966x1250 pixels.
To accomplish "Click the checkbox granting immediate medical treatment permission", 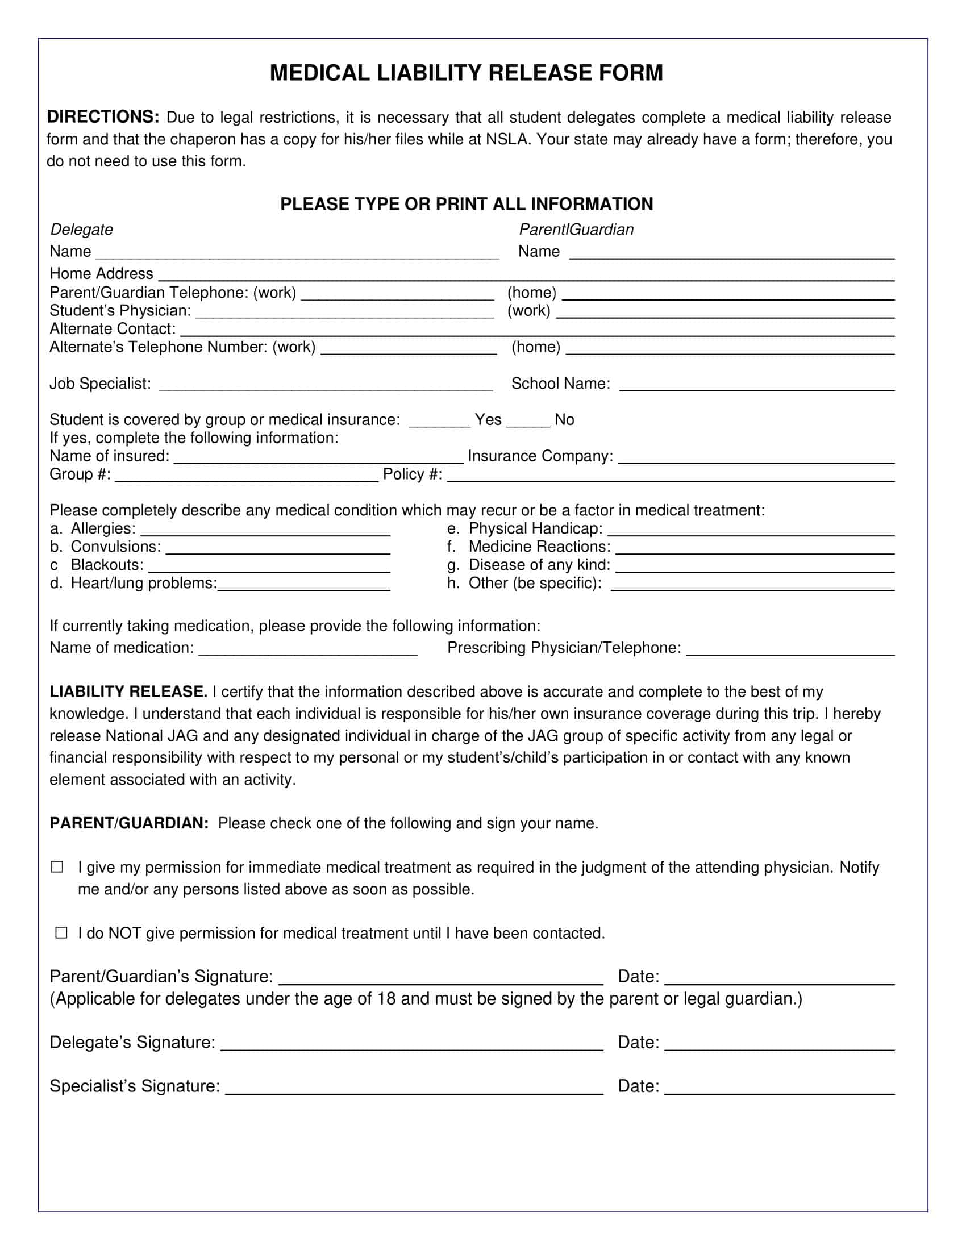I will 57,867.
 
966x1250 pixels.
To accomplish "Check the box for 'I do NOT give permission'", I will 61,933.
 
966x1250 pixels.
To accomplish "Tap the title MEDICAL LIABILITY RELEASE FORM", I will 466,73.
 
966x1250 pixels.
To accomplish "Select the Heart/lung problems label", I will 144,583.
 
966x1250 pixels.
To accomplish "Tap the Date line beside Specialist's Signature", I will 779,1089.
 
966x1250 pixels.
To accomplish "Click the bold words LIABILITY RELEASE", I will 128,692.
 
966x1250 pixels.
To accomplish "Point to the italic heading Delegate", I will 81,230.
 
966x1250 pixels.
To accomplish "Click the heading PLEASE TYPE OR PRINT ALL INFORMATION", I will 466,205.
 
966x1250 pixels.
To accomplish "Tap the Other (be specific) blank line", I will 752,585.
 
